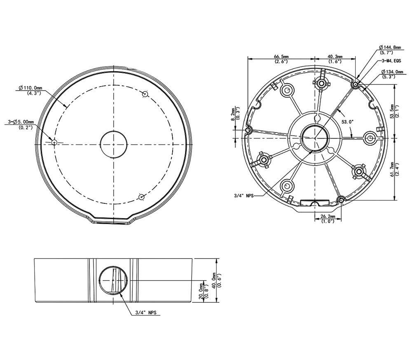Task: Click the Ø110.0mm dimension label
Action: pyautogui.click(x=31, y=88)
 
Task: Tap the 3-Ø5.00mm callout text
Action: pyautogui.click(x=23, y=122)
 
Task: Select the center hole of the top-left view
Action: pyautogui.click(x=113, y=145)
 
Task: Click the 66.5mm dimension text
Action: pyautogui.click(x=281, y=56)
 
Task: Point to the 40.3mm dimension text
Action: pyautogui.click(x=335, y=56)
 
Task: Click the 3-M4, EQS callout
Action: pyautogui.click(x=391, y=61)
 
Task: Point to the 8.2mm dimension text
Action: pyautogui.click(x=233, y=114)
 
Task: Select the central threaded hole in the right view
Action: pyautogui.click(x=315, y=136)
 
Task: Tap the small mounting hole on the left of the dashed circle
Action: pyautogui.click(x=54, y=142)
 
